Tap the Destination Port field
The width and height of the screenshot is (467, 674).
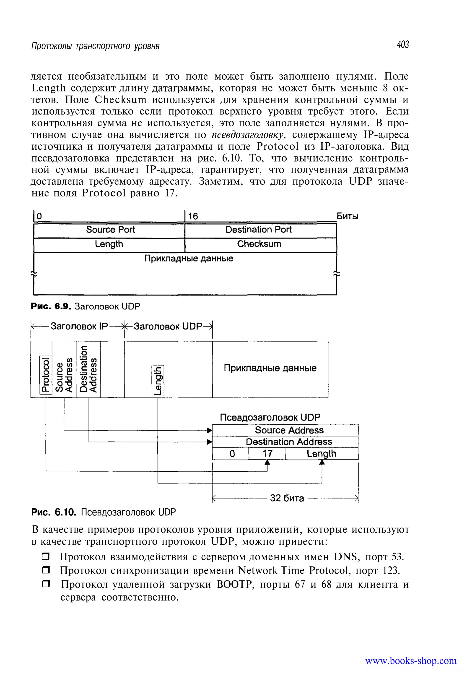pyautogui.click(x=258, y=230)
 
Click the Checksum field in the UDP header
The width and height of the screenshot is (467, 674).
pyautogui.click(x=259, y=244)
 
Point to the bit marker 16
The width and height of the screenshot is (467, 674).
pyautogui.click(x=193, y=216)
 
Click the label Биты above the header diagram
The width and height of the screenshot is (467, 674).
pyautogui.click(x=347, y=216)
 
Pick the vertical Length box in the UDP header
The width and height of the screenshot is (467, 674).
pyautogui.click(x=158, y=381)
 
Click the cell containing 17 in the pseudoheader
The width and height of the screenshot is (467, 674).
pyautogui.click(x=267, y=454)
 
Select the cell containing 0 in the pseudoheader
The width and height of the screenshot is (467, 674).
pyautogui.click(x=232, y=454)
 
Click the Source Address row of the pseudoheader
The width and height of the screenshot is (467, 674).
pyautogui.click(x=289, y=430)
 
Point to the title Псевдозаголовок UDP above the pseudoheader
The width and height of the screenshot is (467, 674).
pyautogui.click(x=270, y=417)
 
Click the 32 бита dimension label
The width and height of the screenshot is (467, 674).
pyautogui.click(x=287, y=498)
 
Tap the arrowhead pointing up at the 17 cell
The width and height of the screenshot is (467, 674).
pyautogui.click(x=267, y=462)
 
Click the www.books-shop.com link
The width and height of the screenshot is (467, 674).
pyautogui.click(x=410, y=661)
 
